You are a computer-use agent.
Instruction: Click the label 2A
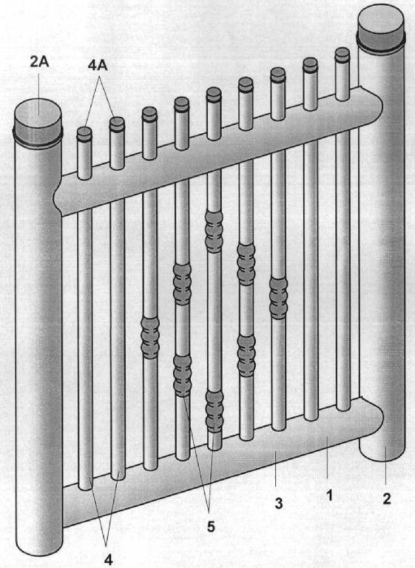(x=38, y=62)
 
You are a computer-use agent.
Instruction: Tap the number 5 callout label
(x=211, y=527)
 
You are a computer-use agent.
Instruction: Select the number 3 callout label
(x=278, y=503)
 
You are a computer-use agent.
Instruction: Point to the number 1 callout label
(x=329, y=496)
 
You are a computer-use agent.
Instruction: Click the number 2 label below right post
(x=387, y=499)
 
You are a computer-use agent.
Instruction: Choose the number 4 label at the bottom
(x=108, y=560)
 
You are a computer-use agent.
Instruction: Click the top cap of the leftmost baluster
(x=84, y=133)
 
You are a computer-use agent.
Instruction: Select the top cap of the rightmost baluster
(x=343, y=54)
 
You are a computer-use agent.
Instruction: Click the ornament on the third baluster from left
(x=150, y=338)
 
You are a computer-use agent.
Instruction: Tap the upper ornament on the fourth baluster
(x=182, y=284)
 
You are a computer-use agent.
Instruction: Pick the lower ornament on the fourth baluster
(x=182, y=376)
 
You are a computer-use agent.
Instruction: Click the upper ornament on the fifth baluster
(x=214, y=231)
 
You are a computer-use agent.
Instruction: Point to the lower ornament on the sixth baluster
(x=246, y=356)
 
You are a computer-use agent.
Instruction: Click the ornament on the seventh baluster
(x=279, y=299)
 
